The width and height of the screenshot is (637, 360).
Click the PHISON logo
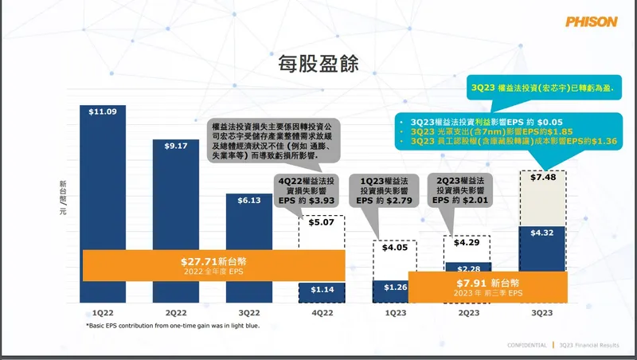coord(591,22)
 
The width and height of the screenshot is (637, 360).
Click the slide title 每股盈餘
coord(318,62)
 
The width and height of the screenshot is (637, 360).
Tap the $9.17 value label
coord(176,146)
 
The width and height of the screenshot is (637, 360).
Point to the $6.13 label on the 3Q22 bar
coord(248,199)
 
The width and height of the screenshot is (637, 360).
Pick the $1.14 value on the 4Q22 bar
coord(322,290)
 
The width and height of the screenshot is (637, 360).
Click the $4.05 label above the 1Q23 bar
coord(395,248)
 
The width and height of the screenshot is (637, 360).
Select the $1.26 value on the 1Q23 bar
coord(395,287)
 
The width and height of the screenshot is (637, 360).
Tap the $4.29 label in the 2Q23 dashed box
coord(468,242)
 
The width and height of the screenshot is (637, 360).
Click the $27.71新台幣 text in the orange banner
coord(213,260)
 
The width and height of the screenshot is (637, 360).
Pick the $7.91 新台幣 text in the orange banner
coord(488,283)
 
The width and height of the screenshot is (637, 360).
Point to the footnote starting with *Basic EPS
coord(172,326)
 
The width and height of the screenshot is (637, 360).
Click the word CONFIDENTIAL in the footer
coord(527,345)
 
